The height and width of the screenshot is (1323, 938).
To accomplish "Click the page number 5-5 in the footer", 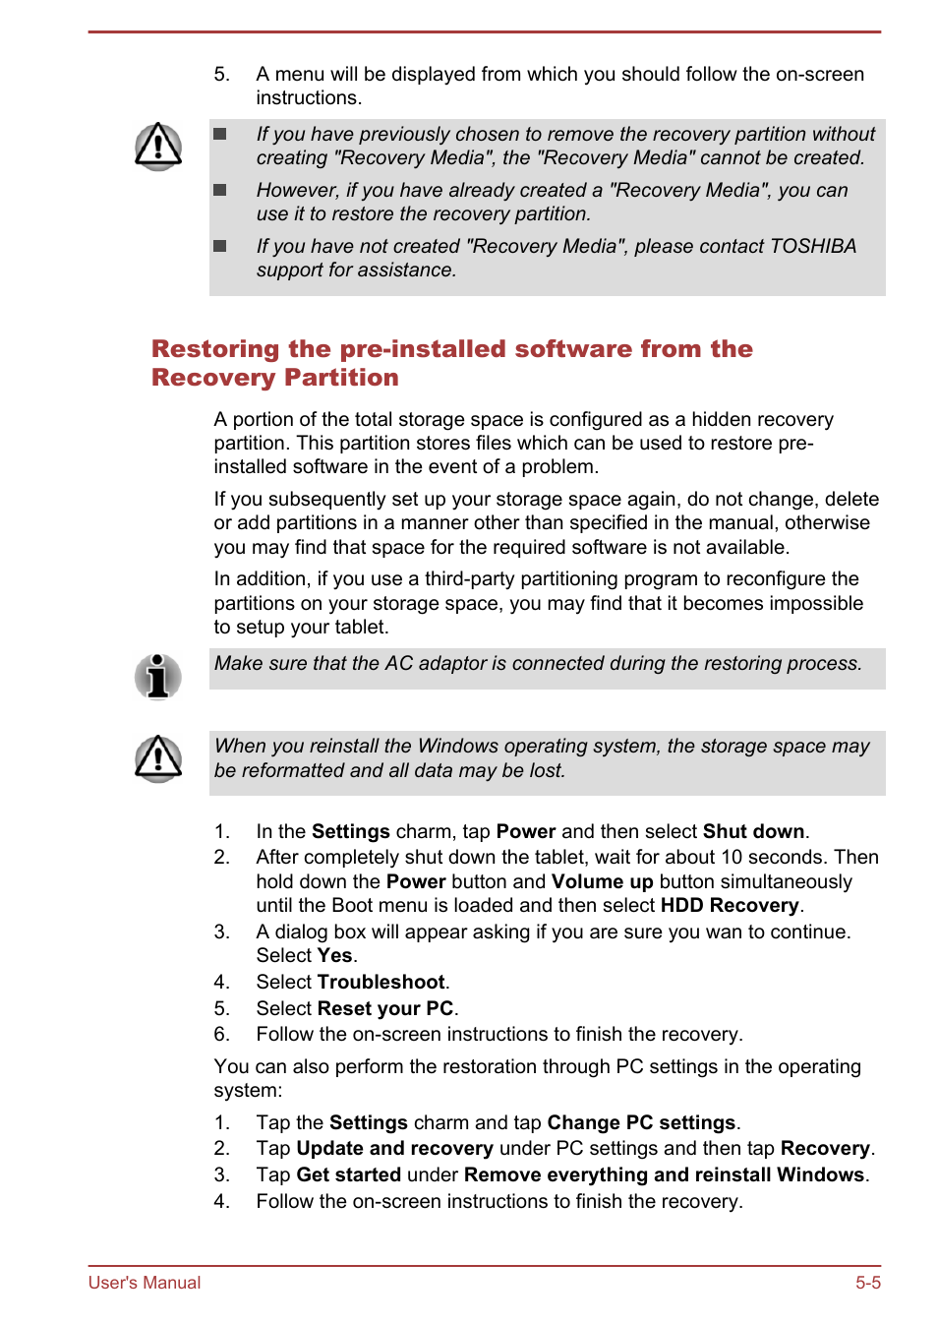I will [x=867, y=1283].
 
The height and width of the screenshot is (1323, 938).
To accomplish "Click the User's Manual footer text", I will [x=145, y=1283].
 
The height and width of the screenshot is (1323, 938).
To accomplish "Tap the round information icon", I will [x=157, y=677].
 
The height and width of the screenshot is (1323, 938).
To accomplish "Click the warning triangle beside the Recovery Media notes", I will [x=157, y=147].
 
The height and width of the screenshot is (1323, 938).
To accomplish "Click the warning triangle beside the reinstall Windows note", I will [x=157, y=758].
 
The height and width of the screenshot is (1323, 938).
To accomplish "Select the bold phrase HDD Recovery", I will [x=730, y=906].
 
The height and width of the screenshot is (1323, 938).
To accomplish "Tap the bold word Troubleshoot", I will [x=381, y=983].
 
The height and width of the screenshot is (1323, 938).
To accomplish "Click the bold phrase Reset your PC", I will [x=385, y=1009].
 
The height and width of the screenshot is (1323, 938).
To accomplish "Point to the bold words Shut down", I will [x=753, y=832].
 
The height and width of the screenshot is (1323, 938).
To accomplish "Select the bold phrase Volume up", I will [x=602, y=882].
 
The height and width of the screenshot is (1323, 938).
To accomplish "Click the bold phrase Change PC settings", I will [x=641, y=1123].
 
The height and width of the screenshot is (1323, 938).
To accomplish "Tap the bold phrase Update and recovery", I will [x=394, y=1149].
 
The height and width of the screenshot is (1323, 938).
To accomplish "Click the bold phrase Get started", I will [x=348, y=1175].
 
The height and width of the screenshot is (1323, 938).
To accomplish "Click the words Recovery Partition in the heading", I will [x=275, y=378].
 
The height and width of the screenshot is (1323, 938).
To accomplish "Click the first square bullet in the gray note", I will [x=220, y=134].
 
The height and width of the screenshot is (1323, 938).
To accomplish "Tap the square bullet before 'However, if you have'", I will [x=220, y=190].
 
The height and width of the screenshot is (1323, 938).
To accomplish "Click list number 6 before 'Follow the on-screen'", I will [x=221, y=1035].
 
